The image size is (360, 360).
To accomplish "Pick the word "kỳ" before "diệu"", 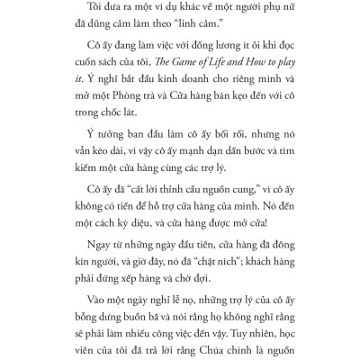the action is click(x=133, y=255).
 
